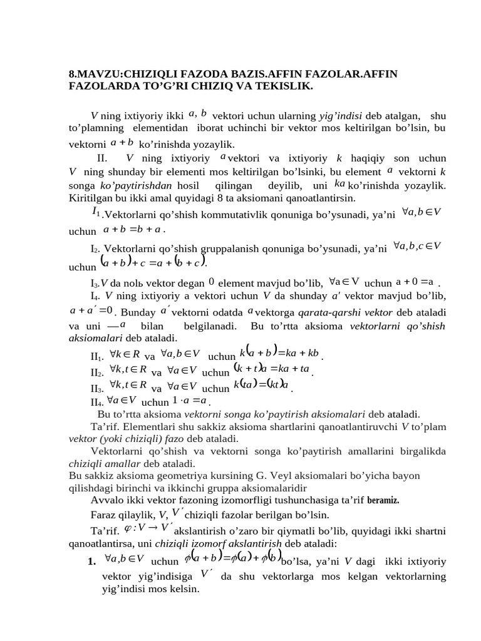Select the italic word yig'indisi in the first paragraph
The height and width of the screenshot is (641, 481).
(x=341, y=116)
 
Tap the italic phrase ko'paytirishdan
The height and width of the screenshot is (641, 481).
(x=137, y=186)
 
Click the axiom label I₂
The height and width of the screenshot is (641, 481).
(x=96, y=248)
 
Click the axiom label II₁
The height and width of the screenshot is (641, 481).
(x=98, y=356)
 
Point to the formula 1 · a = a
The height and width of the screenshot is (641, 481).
(x=190, y=401)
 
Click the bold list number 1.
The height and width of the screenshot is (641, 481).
(x=92, y=560)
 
